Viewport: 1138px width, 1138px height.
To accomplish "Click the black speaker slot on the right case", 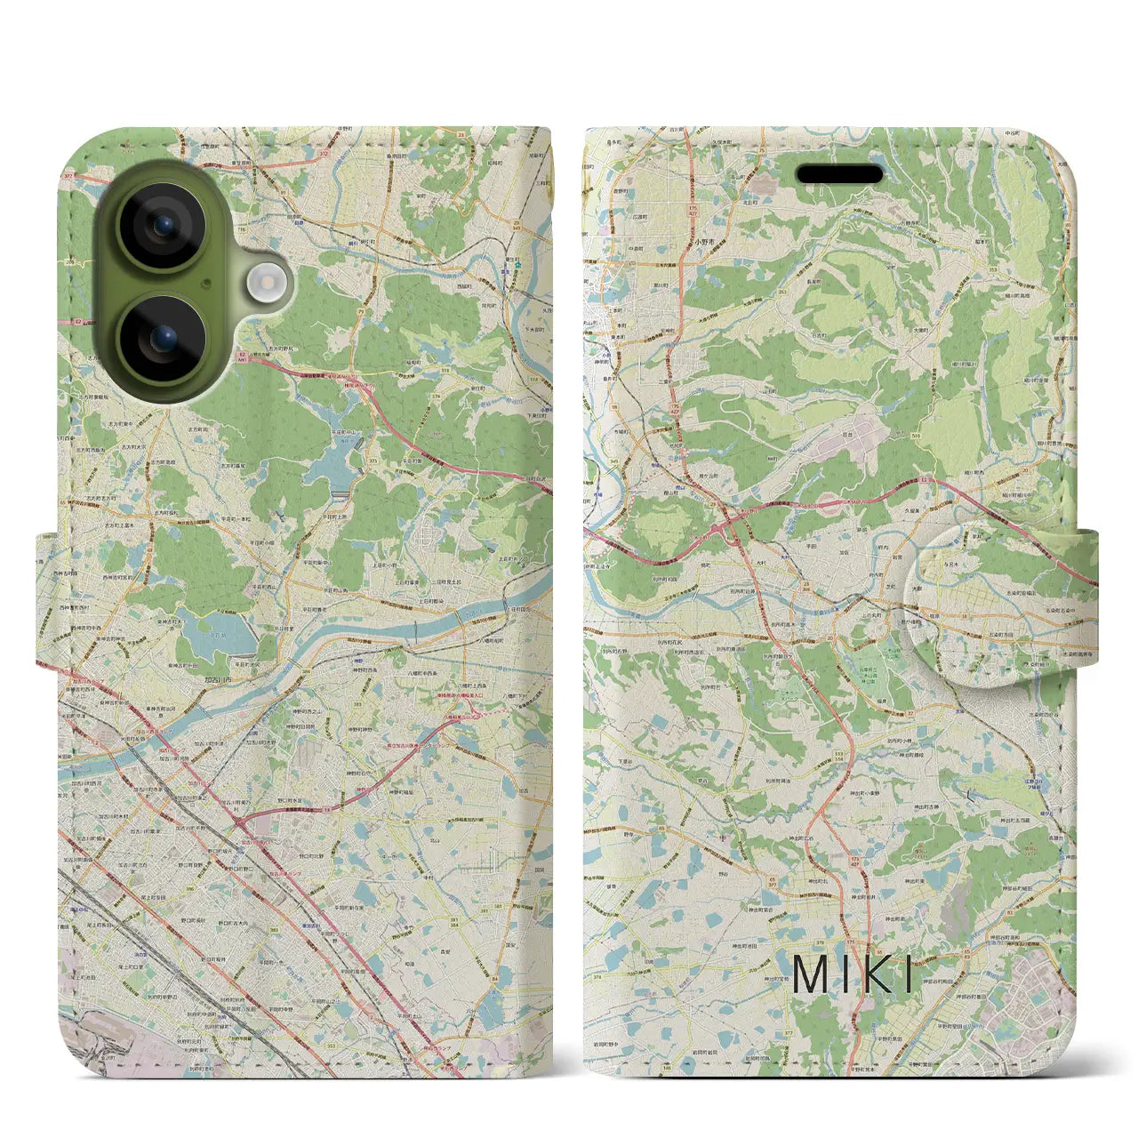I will [838, 174].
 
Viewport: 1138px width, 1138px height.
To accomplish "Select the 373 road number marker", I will [372, 461].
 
